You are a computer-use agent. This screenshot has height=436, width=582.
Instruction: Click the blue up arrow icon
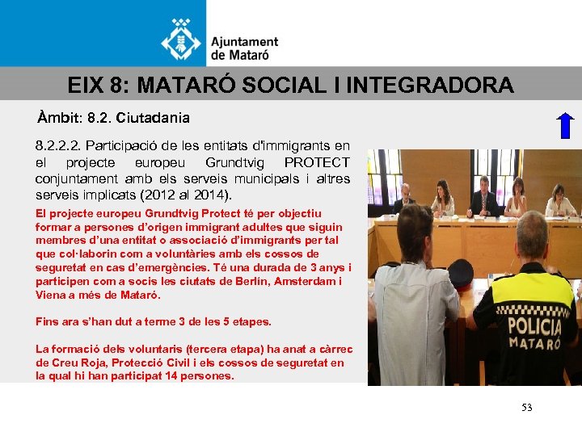point(565,128)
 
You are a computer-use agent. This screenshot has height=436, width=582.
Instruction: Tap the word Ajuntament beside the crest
point(244,42)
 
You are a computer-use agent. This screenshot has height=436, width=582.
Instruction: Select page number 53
point(527,408)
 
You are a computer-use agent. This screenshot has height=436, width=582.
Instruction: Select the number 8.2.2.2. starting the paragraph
point(58,146)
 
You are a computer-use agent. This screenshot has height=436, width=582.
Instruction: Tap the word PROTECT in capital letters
point(317,162)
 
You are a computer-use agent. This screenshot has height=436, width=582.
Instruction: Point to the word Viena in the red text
point(51,295)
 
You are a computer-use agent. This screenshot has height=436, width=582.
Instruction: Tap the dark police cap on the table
point(459,273)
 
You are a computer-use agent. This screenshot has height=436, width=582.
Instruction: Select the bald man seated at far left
point(404,196)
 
